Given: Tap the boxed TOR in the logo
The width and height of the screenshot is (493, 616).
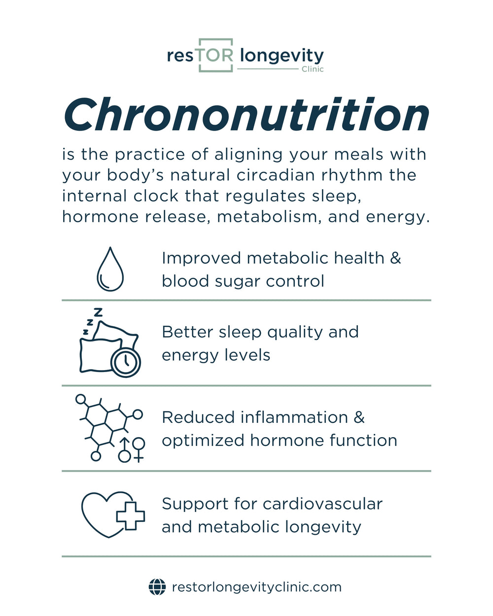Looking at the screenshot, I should pyautogui.click(x=215, y=55).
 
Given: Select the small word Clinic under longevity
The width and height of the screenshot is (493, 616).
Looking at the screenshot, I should pyautogui.click(x=313, y=69).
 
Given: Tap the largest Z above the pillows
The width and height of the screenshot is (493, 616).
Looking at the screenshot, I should pyautogui.click(x=99, y=312).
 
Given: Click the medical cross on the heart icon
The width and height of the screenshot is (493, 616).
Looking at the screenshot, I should pyautogui.click(x=130, y=515).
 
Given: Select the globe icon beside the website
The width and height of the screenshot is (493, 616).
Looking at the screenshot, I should pyautogui.click(x=157, y=587).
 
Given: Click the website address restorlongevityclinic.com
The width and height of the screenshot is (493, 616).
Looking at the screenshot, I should pyautogui.click(x=256, y=587).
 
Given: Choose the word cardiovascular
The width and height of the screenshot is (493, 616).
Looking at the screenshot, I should pyautogui.click(x=322, y=504).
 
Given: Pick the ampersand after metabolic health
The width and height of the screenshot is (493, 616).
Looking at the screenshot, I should pyautogui.click(x=395, y=258).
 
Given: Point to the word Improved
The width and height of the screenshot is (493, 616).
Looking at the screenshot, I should pyautogui.click(x=201, y=258).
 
